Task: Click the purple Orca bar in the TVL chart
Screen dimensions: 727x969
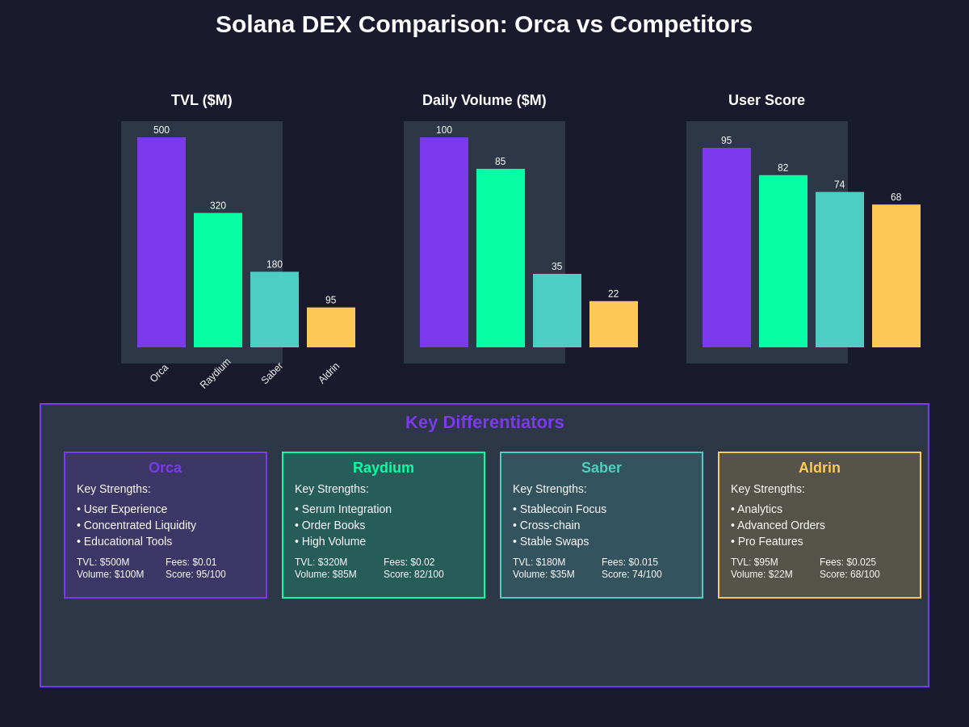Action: pos(161,242)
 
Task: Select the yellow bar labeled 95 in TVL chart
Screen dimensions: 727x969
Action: pos(331,327)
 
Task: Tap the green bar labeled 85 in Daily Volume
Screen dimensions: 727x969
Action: pos(501,258)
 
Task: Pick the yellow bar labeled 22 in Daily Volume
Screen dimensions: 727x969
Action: pos(614,324)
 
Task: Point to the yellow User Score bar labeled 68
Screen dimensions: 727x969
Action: pos(896,275)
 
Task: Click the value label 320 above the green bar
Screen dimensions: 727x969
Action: pos(218,206)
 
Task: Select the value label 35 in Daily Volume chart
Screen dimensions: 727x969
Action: pos(557,267)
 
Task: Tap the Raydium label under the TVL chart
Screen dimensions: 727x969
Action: pos(216,373)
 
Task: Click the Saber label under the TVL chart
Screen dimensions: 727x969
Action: pos(272,373)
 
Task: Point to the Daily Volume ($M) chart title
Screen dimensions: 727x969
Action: pos(484,100)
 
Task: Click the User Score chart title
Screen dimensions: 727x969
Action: pos(766,100)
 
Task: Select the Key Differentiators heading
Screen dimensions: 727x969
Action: pos(484,422)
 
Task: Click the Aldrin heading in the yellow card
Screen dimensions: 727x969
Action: pos(820,468)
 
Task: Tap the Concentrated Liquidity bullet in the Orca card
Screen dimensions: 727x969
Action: pos(136,525)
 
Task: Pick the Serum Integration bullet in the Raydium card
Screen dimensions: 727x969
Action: pos(343,509)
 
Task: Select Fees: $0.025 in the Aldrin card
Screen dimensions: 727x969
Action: pos(848,562)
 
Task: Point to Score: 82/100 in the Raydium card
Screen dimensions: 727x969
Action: pos(413,574)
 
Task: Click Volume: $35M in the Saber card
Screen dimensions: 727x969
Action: pos(543,574)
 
